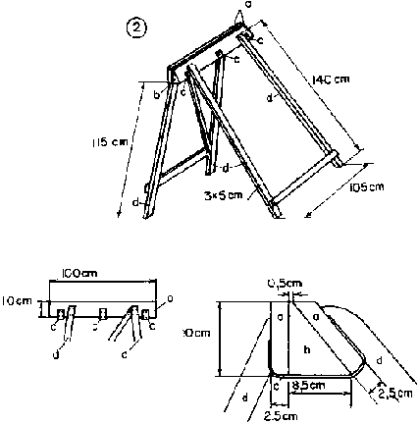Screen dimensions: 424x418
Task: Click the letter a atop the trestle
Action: (247, 5)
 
